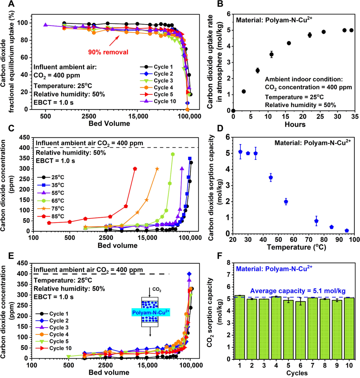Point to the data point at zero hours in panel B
tap(233, 111)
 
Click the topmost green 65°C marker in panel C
tap(173, 154)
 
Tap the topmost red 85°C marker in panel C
tap(135, 169)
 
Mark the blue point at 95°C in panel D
tap(347, 231)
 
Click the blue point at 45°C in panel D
tap(271, 177)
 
